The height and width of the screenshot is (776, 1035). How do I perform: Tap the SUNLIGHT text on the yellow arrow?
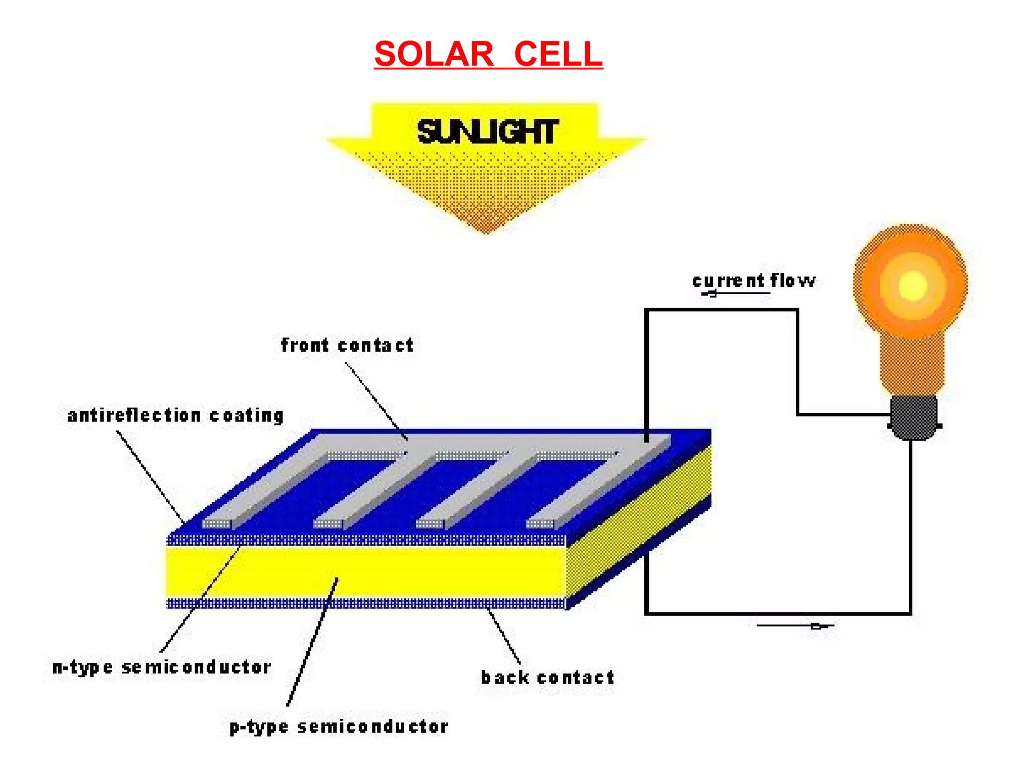(487, 132)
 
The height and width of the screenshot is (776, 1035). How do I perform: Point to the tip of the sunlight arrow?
(486, 231)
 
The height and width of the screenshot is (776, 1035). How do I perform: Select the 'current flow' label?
(753, 280)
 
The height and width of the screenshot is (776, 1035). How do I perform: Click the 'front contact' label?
(347, 346)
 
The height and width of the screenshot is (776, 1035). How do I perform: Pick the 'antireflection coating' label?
(175, 416)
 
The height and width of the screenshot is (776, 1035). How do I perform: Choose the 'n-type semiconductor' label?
(162, 667)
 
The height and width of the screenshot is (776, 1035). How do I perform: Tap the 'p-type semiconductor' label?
(339, 726)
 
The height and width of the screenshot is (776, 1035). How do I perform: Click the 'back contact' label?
(547, 677)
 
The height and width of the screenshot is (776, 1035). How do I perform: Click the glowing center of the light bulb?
(913, 286)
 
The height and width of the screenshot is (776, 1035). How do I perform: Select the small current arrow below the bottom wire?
(817, 626)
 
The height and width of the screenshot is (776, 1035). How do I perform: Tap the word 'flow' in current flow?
(792, 280)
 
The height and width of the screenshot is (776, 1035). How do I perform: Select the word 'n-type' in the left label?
(82, 668)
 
